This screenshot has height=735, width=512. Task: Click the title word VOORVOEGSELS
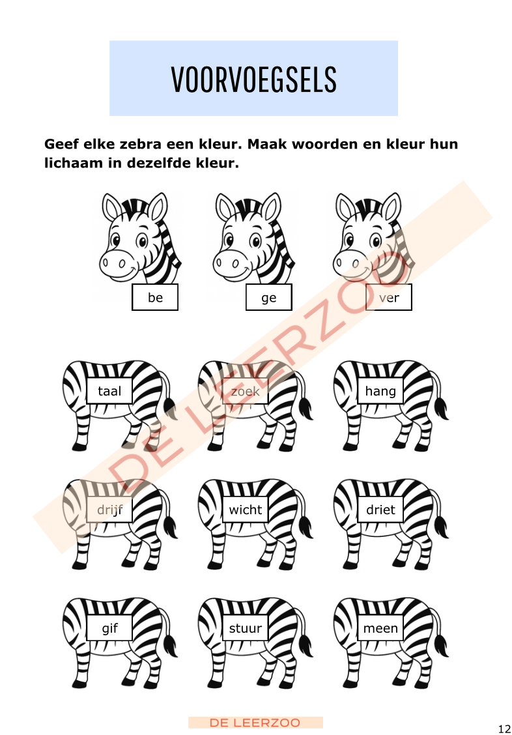point(253,79)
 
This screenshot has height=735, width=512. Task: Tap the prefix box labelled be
point(155,298)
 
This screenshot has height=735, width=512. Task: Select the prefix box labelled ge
point(268,298)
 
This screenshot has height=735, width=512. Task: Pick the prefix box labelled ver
point(389,298)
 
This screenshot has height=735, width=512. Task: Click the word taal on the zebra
point(109,392)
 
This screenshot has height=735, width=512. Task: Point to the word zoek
point(245,392)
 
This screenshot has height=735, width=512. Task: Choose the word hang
point(380,392)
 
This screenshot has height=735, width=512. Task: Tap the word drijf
point(109,510)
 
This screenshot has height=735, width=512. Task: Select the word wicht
point(245,510)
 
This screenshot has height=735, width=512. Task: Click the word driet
point(380,510)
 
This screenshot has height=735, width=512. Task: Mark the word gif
point(109,629)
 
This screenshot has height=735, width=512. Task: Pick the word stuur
point(245,629)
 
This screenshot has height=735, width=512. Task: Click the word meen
point(380,629)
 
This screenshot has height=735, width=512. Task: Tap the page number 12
point(504,728)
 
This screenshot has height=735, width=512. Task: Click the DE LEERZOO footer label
point(255,723)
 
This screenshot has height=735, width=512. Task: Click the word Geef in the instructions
point(61,144)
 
